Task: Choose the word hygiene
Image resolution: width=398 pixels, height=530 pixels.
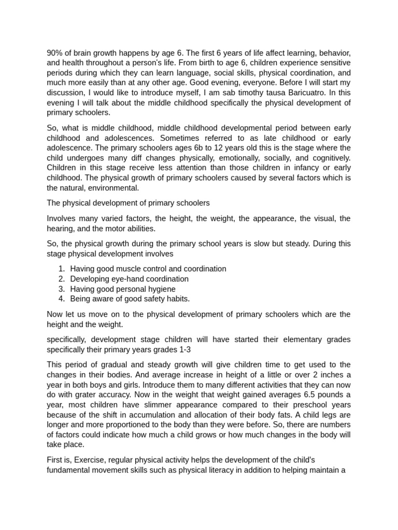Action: click(x=161, y=289)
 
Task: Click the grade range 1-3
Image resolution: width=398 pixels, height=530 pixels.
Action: click(x=184, y=349)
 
